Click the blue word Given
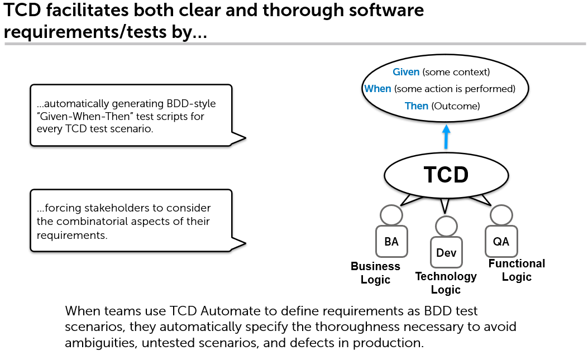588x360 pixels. [x=406, y=71]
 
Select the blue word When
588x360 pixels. [x=377, y=89]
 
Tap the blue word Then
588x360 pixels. [x=416, y=106]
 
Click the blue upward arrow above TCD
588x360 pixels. [x=446, y=137]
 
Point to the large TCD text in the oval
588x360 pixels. [x=446, y=175]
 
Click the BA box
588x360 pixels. [x=391, y=242]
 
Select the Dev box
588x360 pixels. [x=446, y=252]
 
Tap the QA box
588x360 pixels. [x=501, y=241]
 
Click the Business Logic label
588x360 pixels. [x=375, y=273]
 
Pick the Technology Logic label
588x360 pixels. [x=446, y=283]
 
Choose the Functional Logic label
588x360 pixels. [x=517, y=270]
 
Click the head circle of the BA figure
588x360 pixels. [x=391, y=215]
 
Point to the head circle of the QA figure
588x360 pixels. [x=501, y=215]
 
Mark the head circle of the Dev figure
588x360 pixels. [x=446, y=226]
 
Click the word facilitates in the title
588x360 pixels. [x=88, y=10]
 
